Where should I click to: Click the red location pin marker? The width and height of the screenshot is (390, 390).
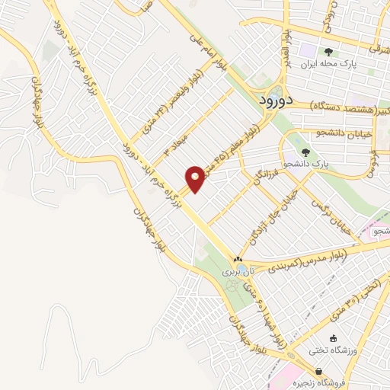click(x=196, y=178)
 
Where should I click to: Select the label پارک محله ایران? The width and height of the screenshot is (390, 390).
click(x=328, y=65)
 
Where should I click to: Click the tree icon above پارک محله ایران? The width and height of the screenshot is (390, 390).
click(x=328, y=52)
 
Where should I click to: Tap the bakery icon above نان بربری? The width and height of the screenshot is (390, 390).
click(x=239, y=259)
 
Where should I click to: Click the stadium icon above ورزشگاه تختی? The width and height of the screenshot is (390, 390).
click(x=332, y=338)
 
